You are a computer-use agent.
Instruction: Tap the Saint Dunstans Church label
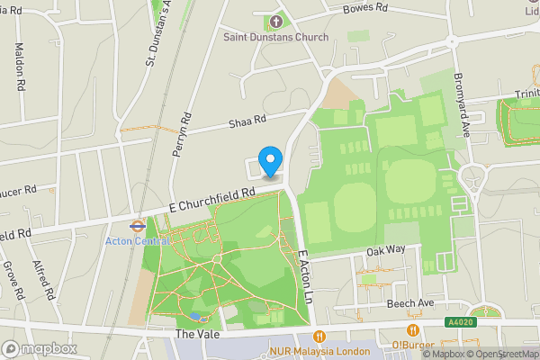click(276, 37)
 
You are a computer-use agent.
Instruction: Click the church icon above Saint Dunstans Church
click(276, 21)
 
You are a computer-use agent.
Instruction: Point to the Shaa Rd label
click(249, 121)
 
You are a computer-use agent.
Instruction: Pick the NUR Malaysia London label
click(320, 351)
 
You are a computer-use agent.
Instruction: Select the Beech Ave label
click(409, 304)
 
